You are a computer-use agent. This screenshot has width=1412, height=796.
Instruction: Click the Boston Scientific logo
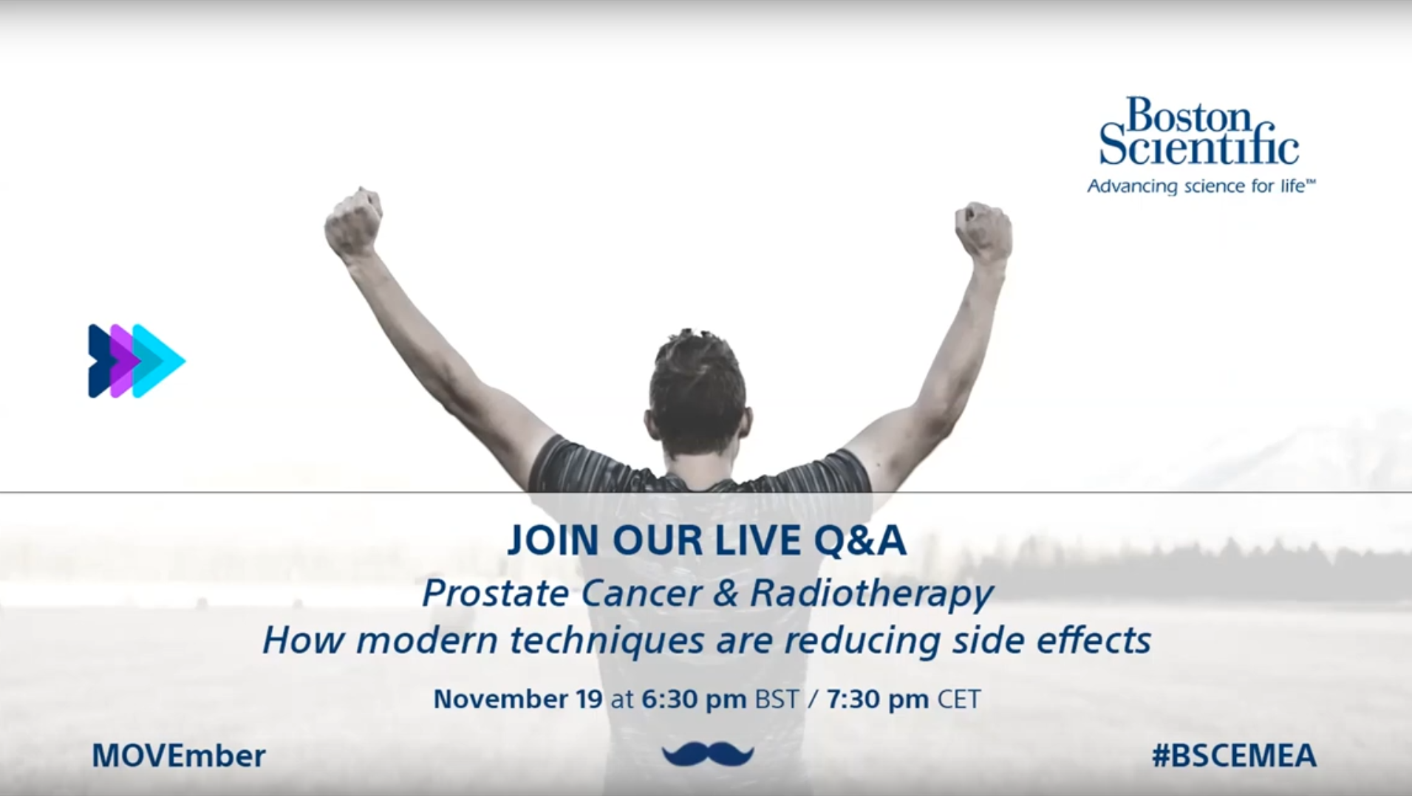point(1200,145)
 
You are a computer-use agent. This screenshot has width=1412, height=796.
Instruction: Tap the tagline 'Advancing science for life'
point(1201,186)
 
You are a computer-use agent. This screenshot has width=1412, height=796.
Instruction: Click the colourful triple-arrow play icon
point(136,361)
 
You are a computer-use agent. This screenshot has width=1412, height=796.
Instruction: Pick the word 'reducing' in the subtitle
point(862,641)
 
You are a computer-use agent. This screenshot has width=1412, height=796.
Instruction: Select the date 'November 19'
point(518,699)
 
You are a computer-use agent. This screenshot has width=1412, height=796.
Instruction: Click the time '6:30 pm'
point(694,699)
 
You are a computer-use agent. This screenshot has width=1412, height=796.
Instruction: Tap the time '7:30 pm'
point(878,699)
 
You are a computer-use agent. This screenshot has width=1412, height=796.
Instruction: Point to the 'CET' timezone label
point(959,699)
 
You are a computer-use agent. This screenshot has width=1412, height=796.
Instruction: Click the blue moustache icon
point(708,755)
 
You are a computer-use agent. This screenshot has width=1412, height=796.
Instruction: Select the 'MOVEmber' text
point(179,755)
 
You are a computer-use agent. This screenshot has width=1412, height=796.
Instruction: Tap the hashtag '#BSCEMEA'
point(1234,755)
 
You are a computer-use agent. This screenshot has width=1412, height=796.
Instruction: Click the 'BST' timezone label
point(777,699)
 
